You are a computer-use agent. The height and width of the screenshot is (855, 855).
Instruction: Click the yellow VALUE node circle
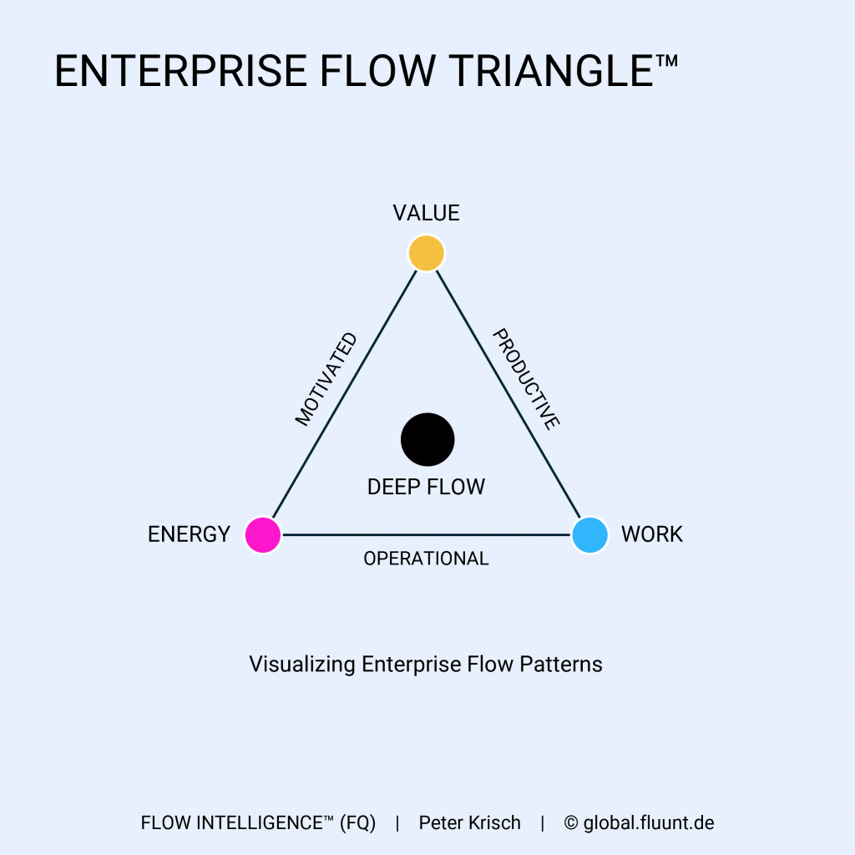click(426, 253)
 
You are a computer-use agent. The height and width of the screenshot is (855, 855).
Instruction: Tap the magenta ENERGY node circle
click(263, 534)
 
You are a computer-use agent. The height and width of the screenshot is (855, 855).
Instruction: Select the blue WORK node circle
click(589, 534)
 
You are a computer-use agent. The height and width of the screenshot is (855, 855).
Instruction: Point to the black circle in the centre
click(427, 439)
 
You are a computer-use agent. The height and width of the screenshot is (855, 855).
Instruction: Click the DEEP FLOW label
click(426, 487)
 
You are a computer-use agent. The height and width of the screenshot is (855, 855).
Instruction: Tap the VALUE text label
click(426, 213)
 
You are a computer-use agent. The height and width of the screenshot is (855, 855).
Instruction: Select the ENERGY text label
click(189, 534)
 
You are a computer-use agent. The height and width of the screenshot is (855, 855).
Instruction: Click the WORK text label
click(651, 534)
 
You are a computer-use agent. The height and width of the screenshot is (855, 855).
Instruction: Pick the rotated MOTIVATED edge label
click(326, 380)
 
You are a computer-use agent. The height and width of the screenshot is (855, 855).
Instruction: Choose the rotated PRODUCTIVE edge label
click(525, 379)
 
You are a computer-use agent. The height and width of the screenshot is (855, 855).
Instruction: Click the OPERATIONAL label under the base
click(426, 559)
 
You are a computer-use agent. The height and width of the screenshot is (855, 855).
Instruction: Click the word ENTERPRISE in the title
click(180, 72)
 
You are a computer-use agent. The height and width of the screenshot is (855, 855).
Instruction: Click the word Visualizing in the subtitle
click(302, 665)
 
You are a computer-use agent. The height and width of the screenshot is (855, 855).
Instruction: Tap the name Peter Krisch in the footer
click(469, 823)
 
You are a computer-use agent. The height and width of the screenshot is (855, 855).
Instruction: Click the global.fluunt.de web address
click(649, 823)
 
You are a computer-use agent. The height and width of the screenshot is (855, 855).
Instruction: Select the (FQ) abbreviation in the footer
click(357, 823)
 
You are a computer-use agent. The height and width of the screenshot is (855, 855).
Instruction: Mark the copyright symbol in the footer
click(571, 823)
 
